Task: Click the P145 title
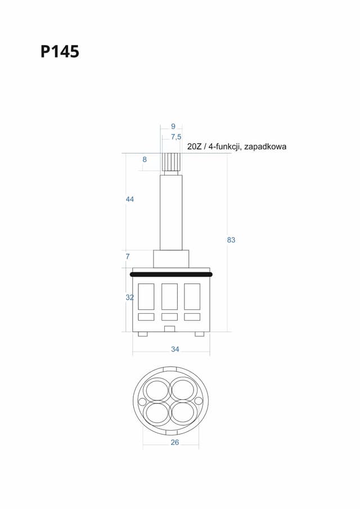60,52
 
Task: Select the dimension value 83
231,240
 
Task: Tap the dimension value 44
130,200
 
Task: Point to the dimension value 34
175,349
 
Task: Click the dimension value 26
174,443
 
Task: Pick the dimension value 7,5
176,137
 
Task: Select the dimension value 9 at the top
173,126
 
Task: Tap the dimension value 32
129,298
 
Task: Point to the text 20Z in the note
195,146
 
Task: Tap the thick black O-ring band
171,274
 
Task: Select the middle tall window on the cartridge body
169,296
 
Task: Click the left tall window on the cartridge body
146,296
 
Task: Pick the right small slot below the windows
192,317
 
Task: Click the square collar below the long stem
171,259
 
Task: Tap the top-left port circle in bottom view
156,389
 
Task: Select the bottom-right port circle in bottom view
183,412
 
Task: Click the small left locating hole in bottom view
142,402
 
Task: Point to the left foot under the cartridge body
143,334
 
